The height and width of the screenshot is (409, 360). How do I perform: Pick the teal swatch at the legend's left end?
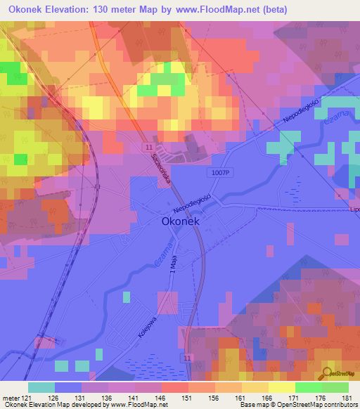click(41, 387)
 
